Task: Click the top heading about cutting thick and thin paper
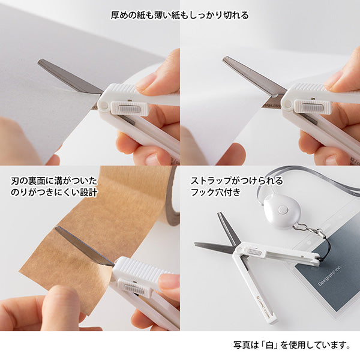pos(180,15)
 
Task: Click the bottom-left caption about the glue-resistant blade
pos(53,187)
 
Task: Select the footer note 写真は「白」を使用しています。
pos(292,345)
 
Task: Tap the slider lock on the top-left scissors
pos(130,108)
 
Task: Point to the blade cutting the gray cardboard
pos(69,77)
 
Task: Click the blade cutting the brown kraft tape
pos(84,246)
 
